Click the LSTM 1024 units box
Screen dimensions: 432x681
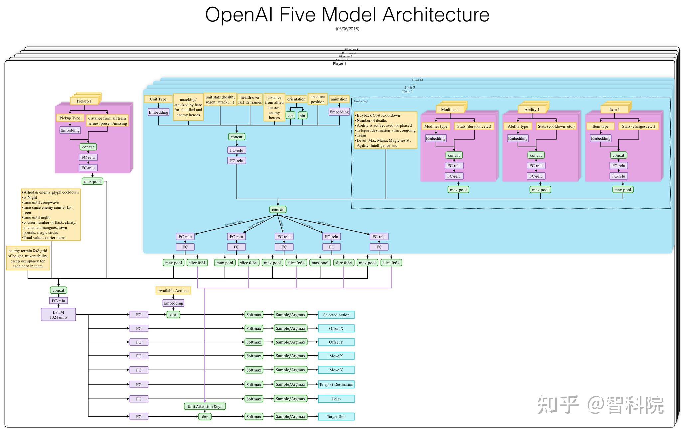[x=58, y=314]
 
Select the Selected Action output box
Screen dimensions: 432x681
[x=336, y=315]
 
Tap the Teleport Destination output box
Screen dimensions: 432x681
[x=336, y=384]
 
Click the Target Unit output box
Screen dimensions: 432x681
[x=336, y=416]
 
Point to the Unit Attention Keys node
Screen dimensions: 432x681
[x=205, y=406]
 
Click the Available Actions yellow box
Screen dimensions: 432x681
[x=173, y=290]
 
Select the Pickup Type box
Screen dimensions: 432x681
[x=70, y=118]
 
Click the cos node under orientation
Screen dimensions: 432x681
[x=290, y=115]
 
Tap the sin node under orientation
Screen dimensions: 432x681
[x=302, y=115]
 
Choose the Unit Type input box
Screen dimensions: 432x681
[x=158, y=99]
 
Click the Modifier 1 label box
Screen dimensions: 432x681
[x=450, y=109]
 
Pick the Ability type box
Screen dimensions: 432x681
[x=518, y=126]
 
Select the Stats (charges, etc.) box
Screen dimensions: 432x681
[x=638, y=126]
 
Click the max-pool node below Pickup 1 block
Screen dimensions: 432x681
[x=92, y=181]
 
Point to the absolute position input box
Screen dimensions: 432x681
[x=318, y=99]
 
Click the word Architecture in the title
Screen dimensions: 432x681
[x=436, y=15]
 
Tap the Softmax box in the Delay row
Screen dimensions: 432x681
[x=254, y=399]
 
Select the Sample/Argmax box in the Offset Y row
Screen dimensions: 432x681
[x=290, y=342]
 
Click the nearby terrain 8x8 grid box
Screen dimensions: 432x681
[x=28, y=258]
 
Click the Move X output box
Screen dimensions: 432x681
[x=336, y=356]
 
